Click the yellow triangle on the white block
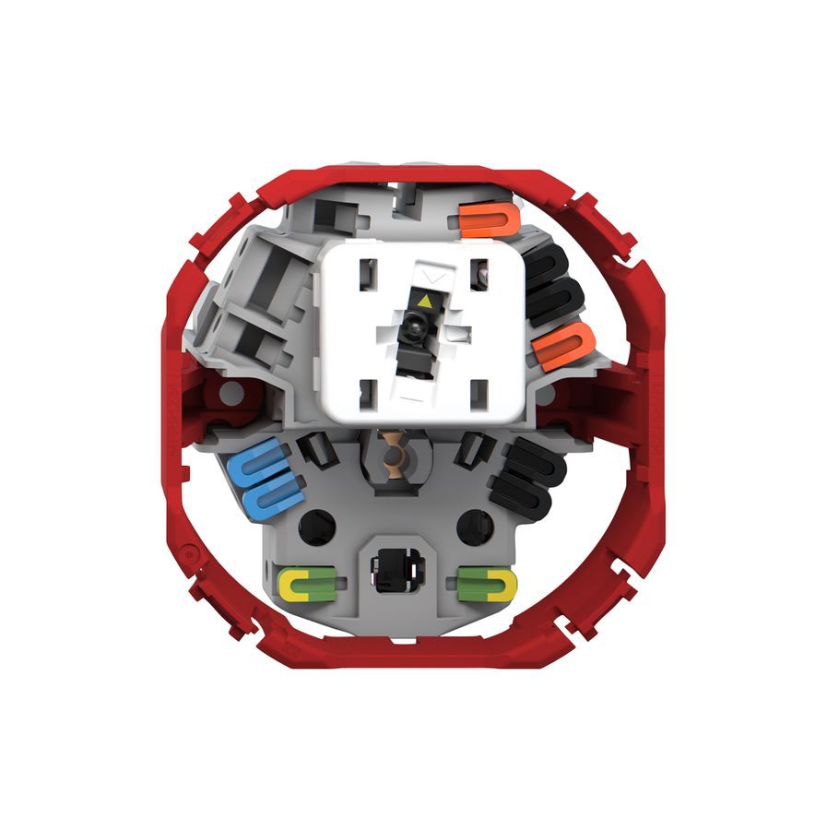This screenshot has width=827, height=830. pos(424,301)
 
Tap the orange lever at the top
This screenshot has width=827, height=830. pos(486,219)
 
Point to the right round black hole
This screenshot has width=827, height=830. pos(476,525)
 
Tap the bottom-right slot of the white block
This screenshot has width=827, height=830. pos(477,397)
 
